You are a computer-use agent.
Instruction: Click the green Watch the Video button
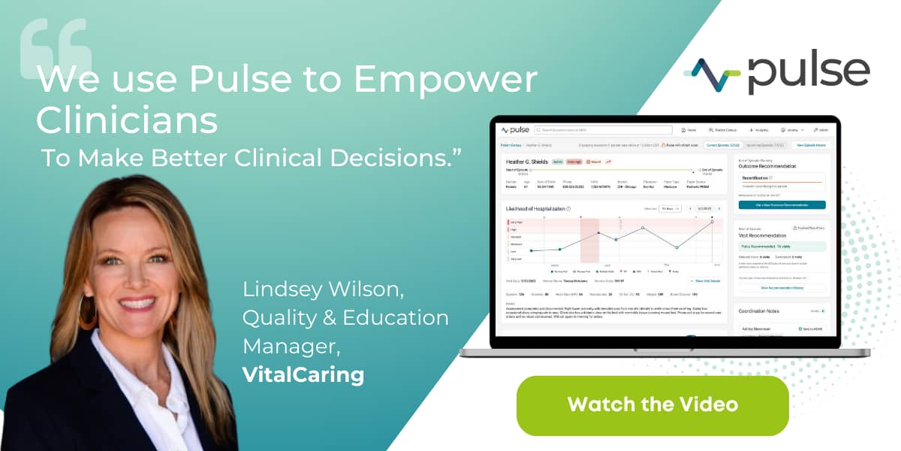pyautogui.click(x=652, y=405)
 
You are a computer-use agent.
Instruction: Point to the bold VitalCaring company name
pyautogui.click(x=303, y=374)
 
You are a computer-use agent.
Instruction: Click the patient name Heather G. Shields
pyautogui.click(x=527, y=162)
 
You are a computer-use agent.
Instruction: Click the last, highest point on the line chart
pyautogui.click(x=712, y=222)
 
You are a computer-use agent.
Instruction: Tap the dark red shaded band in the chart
pyautogui.click(x=589, y=241)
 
